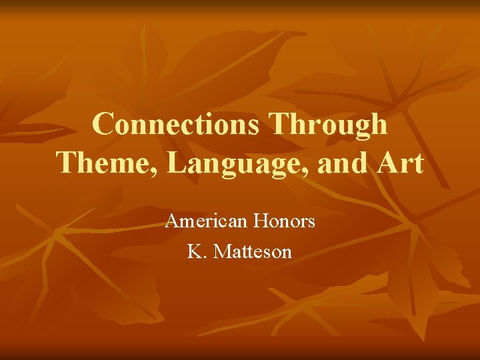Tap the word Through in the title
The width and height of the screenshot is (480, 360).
[331, 125]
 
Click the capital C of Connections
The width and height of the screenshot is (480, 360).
[104, 125]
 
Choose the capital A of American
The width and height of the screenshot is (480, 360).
[172, 221]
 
